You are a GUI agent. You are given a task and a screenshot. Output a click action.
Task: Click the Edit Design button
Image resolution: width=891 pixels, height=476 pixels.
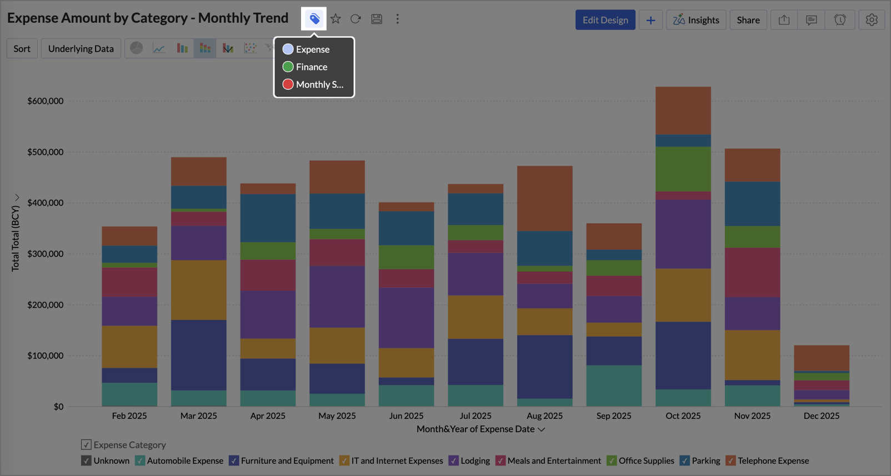(x=605, y=20)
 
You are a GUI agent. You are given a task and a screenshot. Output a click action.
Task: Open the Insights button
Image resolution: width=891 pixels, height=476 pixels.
(x=696, y=20)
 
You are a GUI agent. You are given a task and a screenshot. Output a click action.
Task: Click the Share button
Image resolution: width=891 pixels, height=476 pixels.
(x=748, y=20)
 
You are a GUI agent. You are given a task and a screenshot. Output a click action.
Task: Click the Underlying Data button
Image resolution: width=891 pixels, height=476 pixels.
(x=81, y=49)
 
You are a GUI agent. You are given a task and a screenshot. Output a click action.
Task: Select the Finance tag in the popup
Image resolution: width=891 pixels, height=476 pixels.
(x=311, y=67)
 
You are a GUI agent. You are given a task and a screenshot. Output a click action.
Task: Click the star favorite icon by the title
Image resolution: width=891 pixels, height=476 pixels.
(x=336, y=19)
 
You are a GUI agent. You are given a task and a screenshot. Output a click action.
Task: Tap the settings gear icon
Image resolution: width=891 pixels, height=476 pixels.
(x=872, y=20)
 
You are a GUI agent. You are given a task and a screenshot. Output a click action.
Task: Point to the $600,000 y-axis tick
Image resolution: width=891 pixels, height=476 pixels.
(x=46, y=101)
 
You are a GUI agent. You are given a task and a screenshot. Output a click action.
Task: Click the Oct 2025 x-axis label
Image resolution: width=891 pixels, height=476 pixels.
(x=683, y=416)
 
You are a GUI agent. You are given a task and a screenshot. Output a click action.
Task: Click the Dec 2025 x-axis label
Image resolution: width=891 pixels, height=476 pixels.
(x=821, y=416)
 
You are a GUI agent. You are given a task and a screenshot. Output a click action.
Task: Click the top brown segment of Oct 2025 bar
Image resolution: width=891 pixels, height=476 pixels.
(x=683, y=110)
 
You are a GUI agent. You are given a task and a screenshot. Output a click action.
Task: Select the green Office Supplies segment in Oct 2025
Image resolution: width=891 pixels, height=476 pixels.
(x=683, y=169)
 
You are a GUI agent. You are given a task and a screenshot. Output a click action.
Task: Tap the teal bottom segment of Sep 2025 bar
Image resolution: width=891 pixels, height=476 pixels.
(x=614, y=386)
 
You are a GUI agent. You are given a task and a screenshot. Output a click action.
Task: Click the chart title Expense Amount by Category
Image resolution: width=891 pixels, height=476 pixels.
(x=148, y=18)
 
